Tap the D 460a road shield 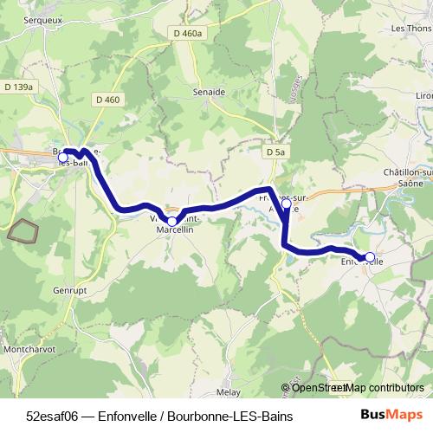pos(186,33)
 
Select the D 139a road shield pos(18,87)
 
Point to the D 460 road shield pos(108,100)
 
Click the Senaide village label pos(210,91)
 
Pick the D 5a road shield pos(275,152)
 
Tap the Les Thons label pos(411,28)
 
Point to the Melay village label pos(228,391)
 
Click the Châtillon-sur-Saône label pos(408,178)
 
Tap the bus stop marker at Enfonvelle pos(370,257)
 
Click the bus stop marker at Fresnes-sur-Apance pos(286,204)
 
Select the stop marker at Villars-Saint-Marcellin pos(171,222)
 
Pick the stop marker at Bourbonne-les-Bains pos(62,158)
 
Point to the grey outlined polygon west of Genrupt pos(23,230)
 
